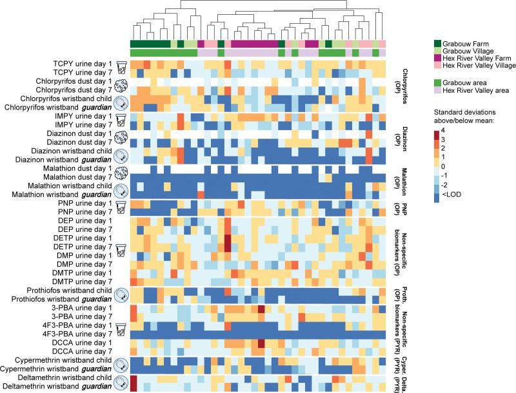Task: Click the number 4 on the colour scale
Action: click(x=452, y=131)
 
